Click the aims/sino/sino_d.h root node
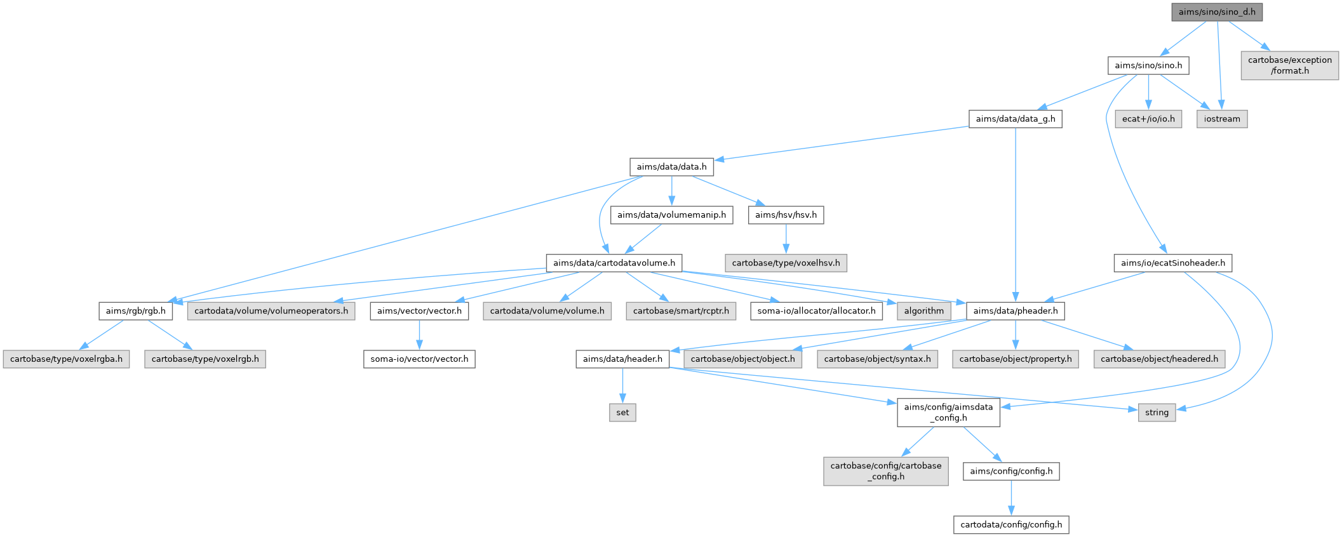coord(1217,12)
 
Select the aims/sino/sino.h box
coord(1148,65)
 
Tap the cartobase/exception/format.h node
coord(1289,65)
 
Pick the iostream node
coord(1221,119)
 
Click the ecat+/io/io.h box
coord(1148,119)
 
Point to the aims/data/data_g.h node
coord(1015,119)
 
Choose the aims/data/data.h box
coord(671,167)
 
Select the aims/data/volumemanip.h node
coord(671,215)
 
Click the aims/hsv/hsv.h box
coord(786,215)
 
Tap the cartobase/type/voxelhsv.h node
coord(786,263)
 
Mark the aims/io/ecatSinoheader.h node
coord(1172,263)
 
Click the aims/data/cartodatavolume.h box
coord(614,263)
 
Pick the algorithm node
coord(923,311)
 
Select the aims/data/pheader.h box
coord(1015,311)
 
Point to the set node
coord(622,413)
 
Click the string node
coord(1157,413)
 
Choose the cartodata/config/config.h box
coord(1011,525)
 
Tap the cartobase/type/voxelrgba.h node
coord(66,359)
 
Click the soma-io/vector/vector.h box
coord(419,359)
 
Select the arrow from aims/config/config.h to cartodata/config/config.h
coord(1011,498)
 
